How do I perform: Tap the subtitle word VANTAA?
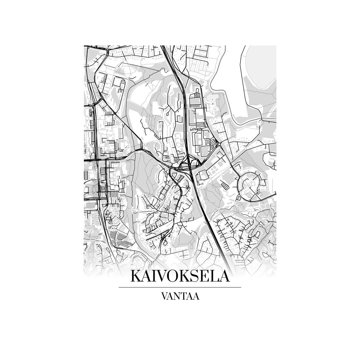tap(180, 296)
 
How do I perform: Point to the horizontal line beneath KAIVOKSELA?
tap(180, 287)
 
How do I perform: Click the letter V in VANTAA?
tap(165, 296)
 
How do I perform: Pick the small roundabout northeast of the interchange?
tap(219, 144)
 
